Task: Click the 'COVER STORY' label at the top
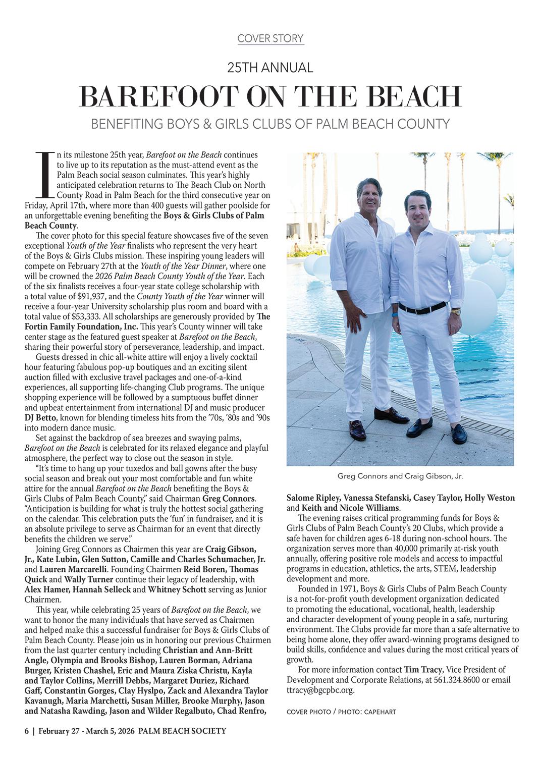click(x=270, y=38)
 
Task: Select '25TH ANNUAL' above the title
click(x=270, y=67)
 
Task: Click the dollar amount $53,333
click(x=82, y=316)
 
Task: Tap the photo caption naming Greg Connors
click(x=400, y=476)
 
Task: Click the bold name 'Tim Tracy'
click(x=423, y=670)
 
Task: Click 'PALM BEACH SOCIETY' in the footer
click(x=182, y=731)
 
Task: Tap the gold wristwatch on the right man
click(x=456, y=312)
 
